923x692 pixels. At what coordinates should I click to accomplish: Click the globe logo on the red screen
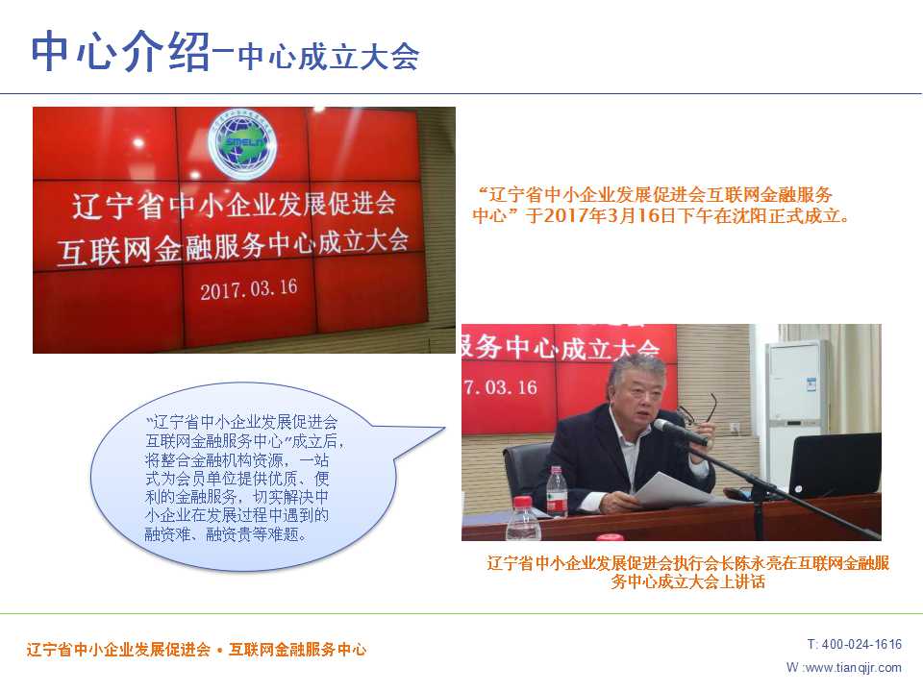[242, 144]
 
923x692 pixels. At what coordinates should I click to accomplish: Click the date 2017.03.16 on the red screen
[248, 289]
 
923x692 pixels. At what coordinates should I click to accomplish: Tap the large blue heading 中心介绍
[121, 52]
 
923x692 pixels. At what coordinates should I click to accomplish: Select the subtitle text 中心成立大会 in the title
[329, 57]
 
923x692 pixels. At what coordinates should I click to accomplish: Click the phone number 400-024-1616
[861, 644]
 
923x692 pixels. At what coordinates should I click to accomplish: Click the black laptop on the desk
[835, 465]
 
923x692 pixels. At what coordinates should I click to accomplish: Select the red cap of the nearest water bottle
[523, 502]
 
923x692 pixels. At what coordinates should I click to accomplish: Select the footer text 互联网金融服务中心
[298, 650]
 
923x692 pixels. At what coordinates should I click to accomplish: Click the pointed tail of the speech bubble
[444, 429]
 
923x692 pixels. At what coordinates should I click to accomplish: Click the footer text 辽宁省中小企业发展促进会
[118, 650]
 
